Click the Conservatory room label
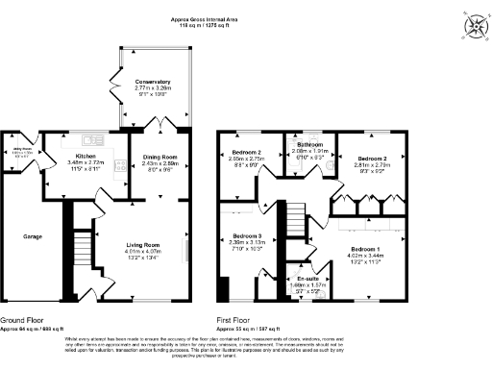pyautogui.click(x=153, y=83)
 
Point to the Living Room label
pyautogui.click(x=143, y=245)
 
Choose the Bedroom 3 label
pyautogui.click(x=246, y=235)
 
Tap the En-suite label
pyautogui.click(x=307, y=279)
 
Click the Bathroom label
pyautogui.click(x=309, y=143)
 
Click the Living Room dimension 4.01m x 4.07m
pyautogui.click(x=143, y=252)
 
